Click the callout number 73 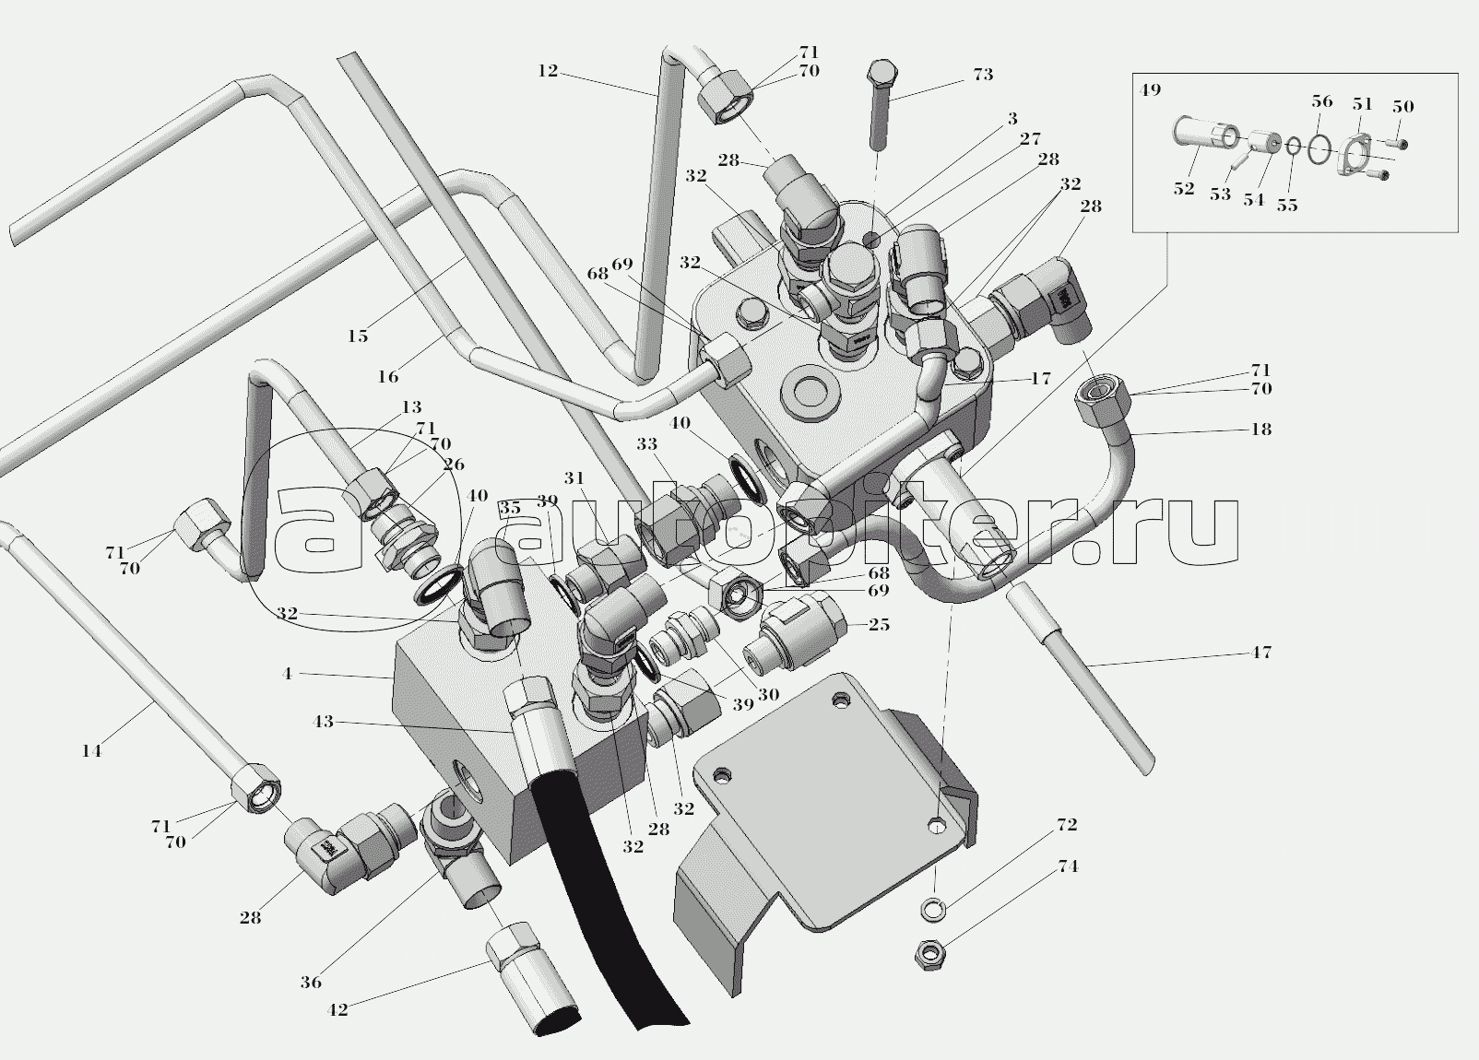tap(983, 75)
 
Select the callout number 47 tap(1261, 653)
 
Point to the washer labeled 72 tap(933, 907)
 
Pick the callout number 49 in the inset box tap(1149, 90)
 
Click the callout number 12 tap(548, 70)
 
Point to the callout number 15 tap(358, 336)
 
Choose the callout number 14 tap(90, 751)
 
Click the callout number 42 tap(337, 1010)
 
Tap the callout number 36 tap(311, 983)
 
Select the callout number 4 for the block tap(288, 674)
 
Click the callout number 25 tap(879, 625)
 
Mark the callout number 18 tap(1260, 430)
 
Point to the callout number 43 tap(323, 722)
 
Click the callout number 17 tap(1040, 379)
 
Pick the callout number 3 tap(1012, 119)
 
